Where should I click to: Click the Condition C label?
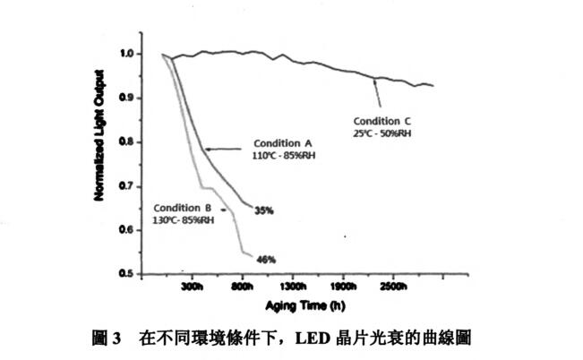(383, 121)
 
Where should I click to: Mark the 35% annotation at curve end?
(264, 210)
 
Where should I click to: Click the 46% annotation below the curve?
(266, 260)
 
